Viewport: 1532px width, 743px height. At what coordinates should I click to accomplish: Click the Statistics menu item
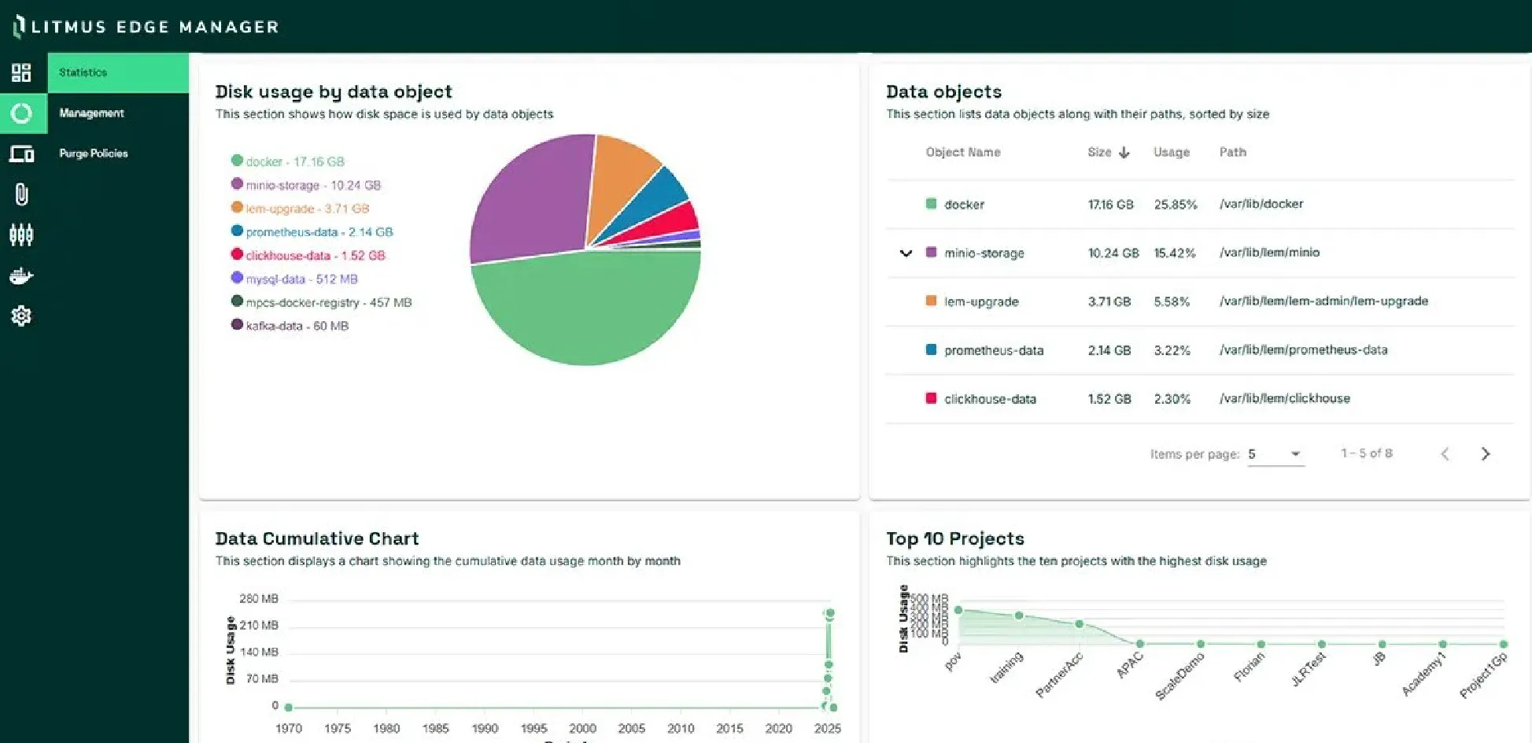tap(83, 72)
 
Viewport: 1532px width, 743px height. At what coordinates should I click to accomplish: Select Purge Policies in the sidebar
tap(93, 153)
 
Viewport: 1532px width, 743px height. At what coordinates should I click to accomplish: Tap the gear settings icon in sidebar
tap(21, 316)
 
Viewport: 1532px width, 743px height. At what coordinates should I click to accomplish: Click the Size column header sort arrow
tap(1124, 153)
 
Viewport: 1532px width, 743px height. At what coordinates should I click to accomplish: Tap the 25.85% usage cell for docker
tap(1175, 205)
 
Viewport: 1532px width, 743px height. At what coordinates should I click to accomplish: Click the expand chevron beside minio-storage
tap(906, 253)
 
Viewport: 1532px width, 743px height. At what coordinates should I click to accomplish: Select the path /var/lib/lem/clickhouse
tap(1284, 399)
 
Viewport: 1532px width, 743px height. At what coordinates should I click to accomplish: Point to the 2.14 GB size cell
tap(1109, 350)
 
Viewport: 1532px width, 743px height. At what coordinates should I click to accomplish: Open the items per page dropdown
tap(1275, 454)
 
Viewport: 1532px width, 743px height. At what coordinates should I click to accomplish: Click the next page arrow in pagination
tap(1485, 454)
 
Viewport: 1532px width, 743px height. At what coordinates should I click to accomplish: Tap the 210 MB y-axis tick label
tap(259, 626)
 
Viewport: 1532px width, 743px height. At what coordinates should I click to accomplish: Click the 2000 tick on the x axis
tap(582, 729)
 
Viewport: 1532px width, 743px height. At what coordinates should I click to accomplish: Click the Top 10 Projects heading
tap(954, 539)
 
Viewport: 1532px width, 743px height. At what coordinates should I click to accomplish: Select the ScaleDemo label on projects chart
tap(1180, 675)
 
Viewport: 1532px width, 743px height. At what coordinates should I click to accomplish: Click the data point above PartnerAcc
tap(1079, 624)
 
